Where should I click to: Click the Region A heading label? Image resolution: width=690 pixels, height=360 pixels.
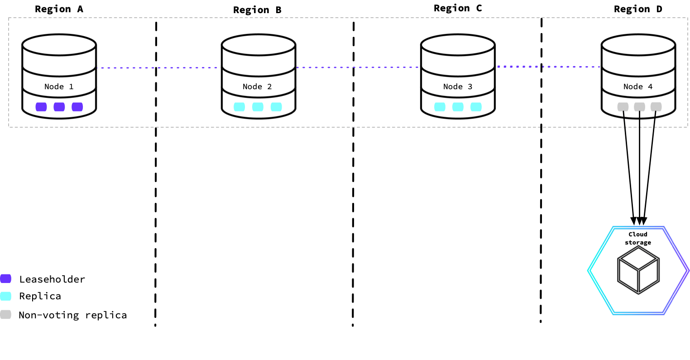[59, 9]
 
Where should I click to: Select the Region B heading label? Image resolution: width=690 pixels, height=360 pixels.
[257, 10]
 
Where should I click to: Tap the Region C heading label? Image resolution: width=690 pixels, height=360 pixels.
[458, 8]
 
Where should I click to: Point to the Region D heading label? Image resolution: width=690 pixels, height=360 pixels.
[638, 9]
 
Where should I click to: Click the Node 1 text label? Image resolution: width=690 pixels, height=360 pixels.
[59, 86]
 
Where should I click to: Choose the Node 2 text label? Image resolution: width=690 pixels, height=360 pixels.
[257, 86]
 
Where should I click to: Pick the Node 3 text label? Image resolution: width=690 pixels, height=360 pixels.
[458, 86]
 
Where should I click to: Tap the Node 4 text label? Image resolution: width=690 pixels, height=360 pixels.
[638, 86]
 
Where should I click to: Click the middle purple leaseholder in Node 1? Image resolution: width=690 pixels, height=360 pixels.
[59, 107]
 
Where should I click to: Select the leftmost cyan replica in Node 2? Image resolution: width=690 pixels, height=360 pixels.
[239, 107]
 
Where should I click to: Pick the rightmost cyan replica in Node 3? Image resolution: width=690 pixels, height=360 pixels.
[476, 107]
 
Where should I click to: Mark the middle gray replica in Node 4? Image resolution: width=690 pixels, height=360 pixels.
[639, 107]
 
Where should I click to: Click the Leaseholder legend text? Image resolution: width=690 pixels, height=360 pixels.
[52, 279]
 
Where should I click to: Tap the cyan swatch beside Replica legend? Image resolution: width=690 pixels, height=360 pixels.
[6, 296]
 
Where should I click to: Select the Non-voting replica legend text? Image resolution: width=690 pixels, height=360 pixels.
[73, 315]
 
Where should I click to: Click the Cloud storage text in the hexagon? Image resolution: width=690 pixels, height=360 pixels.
[638, 238]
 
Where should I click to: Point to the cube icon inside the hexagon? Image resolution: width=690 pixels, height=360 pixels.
[638, 270]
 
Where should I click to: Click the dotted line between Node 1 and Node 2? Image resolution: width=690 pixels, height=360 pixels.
[158, 68]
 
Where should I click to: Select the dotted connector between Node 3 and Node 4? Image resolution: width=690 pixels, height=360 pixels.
[548, 67]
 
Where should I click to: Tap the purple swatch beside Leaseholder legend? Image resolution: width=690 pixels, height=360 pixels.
[6, 279]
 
